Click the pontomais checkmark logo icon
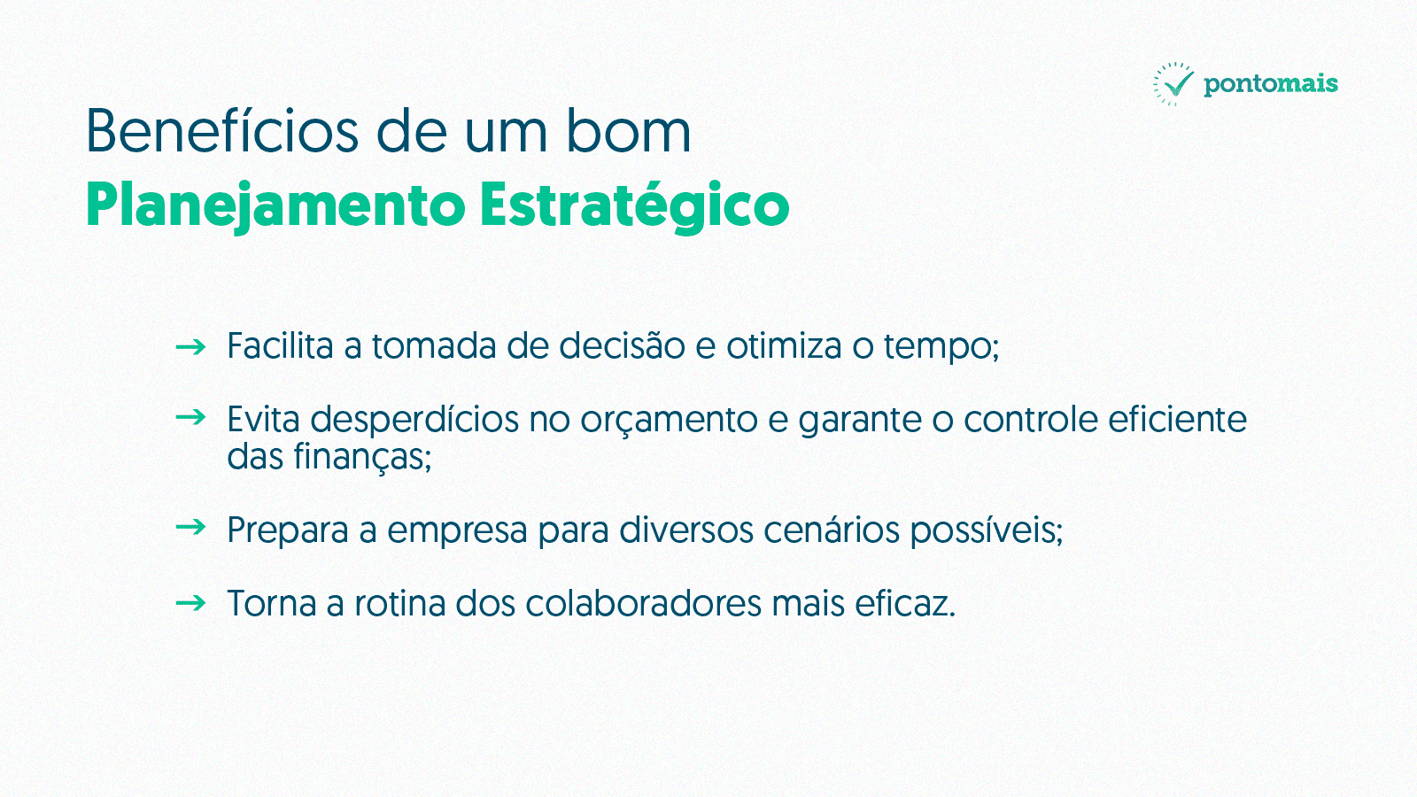(1173, 84)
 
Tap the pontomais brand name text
(1271, 84)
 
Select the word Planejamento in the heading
(275, 206)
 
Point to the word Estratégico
(634, 206)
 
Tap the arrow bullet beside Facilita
(190, 346)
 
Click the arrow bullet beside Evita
(190, 417)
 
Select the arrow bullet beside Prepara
(190, 527)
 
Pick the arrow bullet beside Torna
(190, 603)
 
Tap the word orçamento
(669, 420)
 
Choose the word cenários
(832, 530)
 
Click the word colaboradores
(643, 603)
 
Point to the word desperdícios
(414, 420)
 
